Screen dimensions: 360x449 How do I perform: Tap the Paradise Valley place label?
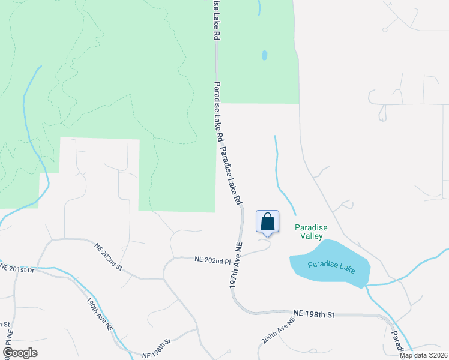[311, 232]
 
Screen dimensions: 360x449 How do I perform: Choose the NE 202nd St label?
[108, 256]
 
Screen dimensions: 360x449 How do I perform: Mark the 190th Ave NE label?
[100, 315]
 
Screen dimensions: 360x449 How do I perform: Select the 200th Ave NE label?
[279, 330]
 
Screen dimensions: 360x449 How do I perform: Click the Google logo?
[20, 353]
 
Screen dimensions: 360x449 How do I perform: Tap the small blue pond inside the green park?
[264, 55]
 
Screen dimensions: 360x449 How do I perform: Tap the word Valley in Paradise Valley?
[311, 236]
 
